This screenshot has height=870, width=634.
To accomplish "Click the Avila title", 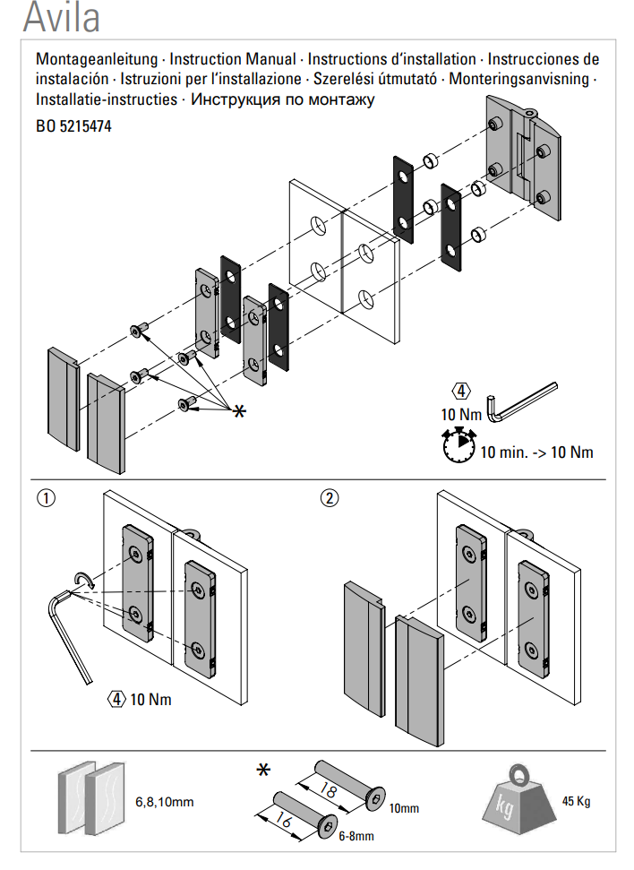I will point(61,17).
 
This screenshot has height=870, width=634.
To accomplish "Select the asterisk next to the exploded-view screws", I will point(239,411).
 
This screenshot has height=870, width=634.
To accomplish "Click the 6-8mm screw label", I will point(356,837).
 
